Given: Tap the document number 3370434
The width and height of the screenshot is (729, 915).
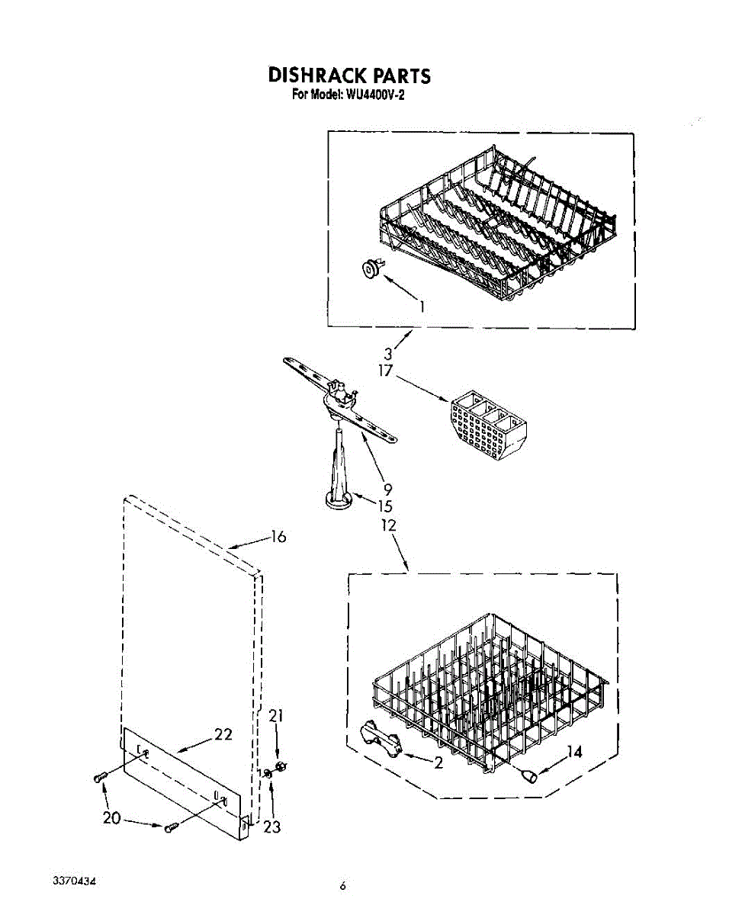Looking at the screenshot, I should (x=74, y=881).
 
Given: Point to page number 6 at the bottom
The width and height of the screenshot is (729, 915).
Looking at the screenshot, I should (x=343, y=885).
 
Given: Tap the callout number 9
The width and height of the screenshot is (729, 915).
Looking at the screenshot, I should (x=387, y=490).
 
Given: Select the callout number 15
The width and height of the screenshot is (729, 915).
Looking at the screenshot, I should (x=385, y=506).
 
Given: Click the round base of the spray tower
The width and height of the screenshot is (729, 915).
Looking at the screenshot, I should (x=336, y=500).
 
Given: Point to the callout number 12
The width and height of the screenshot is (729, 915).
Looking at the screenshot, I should (x=388, y=525).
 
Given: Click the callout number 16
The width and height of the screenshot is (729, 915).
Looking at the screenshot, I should (x=278, y=537).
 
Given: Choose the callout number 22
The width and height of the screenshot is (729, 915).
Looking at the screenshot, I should (x=223, y=734).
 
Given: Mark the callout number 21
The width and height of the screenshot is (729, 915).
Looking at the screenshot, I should (x=275, y=715).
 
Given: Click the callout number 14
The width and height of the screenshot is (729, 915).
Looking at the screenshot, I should (x=573, y=752).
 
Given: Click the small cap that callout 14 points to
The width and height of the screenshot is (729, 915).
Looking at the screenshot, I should (x=528, y=775).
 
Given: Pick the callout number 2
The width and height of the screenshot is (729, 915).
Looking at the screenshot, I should (x=438, y=763).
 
